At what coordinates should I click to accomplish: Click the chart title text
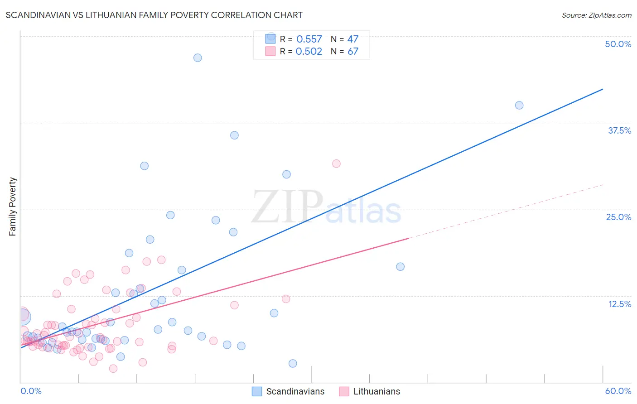click(154, 15)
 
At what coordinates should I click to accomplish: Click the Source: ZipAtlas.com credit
click(596, 15)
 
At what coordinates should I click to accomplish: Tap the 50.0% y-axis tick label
click(618, 44)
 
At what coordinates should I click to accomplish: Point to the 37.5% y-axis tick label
click(619, 130)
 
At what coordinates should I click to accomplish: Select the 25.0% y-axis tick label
click(618, 217)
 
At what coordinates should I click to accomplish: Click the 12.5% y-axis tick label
click(619, 304)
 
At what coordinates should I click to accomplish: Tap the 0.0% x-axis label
click(31, 391)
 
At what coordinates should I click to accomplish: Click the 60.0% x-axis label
click(618, 391)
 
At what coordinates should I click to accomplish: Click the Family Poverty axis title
click(13, 207)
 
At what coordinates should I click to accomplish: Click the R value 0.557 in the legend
click(309, 39)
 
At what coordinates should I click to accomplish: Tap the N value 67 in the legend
click(353, 52)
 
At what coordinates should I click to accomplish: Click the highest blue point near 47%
click(198, 58)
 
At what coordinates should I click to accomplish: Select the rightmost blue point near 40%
click(519, 105)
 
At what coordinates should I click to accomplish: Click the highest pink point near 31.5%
click(336, 164)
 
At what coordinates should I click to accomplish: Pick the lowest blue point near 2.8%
click(293, 363)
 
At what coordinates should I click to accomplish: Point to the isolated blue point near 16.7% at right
click(400, 266)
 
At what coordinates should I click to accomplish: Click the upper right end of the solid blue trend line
click(603, 89)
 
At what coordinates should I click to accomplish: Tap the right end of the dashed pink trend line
click(603, 185)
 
